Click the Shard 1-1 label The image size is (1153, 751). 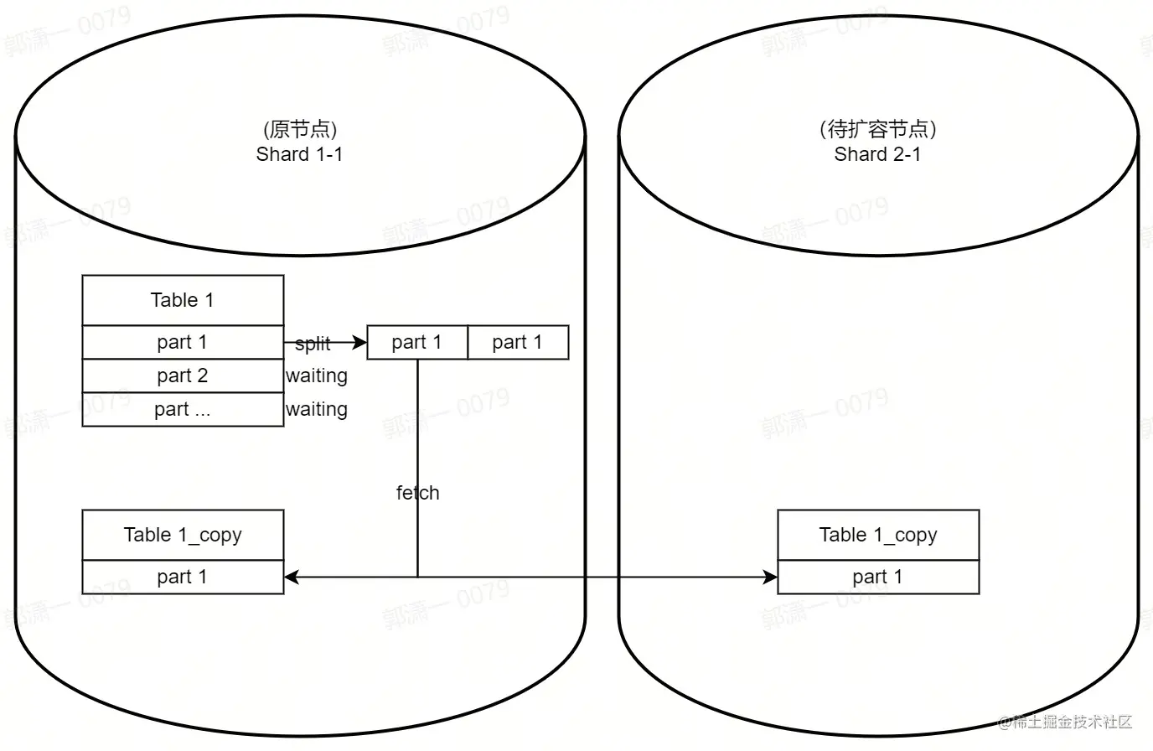(299, 154)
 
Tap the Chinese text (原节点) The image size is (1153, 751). (299, 129)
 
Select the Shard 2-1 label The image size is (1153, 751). (877, 154)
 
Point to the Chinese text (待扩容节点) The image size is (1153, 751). (877, 129)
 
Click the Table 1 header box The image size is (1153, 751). (183, 300)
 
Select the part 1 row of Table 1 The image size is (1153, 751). (183, 342)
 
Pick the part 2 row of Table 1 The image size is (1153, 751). (183, 375)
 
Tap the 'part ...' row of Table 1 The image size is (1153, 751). (183, 409)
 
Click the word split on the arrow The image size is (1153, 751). (313, 344)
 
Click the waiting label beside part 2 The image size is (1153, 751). (317, 375)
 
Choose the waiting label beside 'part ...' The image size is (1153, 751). (317, 409)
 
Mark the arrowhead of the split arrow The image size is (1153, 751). (361, 342)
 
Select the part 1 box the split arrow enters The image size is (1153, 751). (417, 342)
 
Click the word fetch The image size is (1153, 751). (417, 493)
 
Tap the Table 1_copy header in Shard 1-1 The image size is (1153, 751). (183, 535)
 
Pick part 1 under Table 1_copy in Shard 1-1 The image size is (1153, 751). (183, 577)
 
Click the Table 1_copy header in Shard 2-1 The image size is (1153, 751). (878, 535)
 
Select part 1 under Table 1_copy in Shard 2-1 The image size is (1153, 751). (878, 577)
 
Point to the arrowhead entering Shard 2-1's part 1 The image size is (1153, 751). (771, 577)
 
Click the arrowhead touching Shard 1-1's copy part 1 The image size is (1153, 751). (291, 577)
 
